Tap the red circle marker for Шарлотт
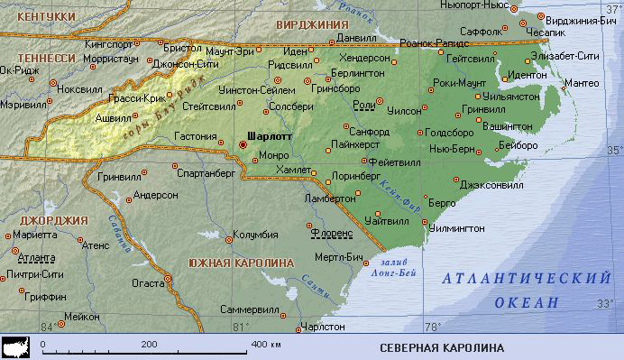point(243,143)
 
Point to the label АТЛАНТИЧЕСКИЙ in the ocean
point(522,282)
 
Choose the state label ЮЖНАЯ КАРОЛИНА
point(241,262)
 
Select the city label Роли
point(364,106)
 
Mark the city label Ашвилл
point(114,118)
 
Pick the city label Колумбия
point(254,235)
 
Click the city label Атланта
point(35,257)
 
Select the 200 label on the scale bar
point(149,344)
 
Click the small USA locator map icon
point(17,346)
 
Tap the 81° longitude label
point(239,326)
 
